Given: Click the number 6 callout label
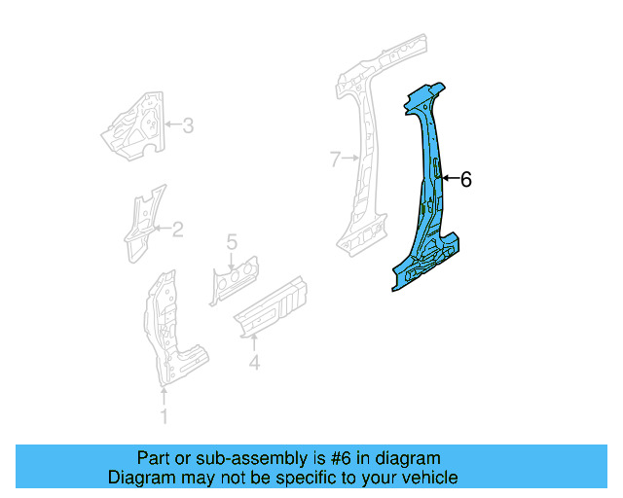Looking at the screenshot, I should [x=465, y=179].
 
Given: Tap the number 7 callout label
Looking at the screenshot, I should [x=334, y=158].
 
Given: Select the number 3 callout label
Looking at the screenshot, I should [x=188, y=124].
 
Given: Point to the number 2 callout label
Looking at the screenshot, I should [x=177, y=230].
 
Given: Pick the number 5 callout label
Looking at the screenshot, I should [x=232, y=241].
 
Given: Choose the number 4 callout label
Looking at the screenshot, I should [x=254, y=364].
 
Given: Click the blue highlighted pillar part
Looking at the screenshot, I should [x=428, y=195].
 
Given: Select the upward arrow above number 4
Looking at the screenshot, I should [x=254, y=341].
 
